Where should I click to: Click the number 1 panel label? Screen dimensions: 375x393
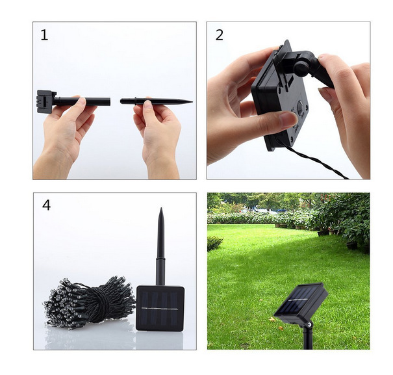(44, 35)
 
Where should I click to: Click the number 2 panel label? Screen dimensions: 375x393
(219, 35)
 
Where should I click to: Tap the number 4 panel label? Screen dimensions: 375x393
(46, 205)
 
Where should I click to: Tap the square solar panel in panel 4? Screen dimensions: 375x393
(160, 308)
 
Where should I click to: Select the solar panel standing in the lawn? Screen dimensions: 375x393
(300, 300)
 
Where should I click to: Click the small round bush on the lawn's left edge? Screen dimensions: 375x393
(214, 243)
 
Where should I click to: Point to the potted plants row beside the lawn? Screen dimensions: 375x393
(305, 224)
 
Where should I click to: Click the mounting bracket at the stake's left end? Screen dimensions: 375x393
(45, 101)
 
